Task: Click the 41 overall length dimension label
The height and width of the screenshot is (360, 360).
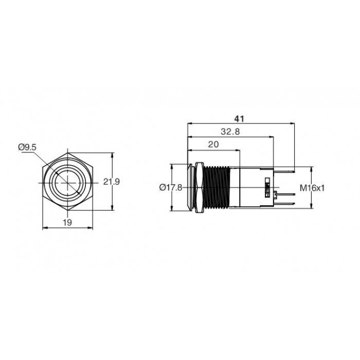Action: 239,119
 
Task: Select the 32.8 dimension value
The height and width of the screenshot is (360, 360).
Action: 230,132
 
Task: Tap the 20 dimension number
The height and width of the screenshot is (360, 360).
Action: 213,145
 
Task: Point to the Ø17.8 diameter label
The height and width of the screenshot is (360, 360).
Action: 171,188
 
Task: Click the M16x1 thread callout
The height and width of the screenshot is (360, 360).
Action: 312,188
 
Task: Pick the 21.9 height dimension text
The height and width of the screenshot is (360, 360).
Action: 112,182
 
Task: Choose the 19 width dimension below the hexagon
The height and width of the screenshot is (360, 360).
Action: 67,222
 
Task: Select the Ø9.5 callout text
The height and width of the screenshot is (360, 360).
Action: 27,148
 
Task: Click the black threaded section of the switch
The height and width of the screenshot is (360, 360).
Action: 217,187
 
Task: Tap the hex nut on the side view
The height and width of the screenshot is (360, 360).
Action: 199,187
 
